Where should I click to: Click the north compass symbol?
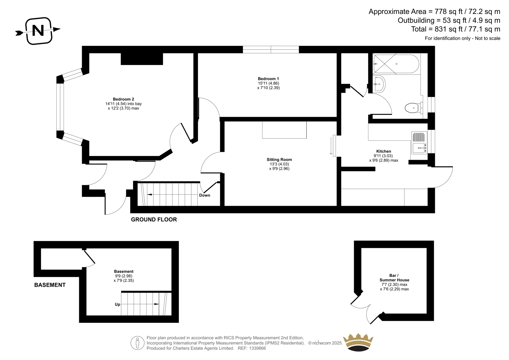click(38, 31)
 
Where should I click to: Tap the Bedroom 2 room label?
click(123, 99)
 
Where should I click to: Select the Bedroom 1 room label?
click(268, 79)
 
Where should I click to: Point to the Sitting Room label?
click(279, 160)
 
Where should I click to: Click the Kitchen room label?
click(384, 151)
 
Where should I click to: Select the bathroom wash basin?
click(379, 84)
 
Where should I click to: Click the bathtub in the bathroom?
click(396, 64)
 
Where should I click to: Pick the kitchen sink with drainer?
click(419, 143)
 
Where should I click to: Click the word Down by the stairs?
click(205, 195)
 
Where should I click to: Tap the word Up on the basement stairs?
click(117, 305)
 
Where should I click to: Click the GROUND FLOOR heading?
click(154, 220)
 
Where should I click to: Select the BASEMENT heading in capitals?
click(50, 285)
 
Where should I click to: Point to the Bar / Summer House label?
click(394, 278)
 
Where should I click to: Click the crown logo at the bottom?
click(358, 342)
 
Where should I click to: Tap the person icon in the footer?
click(137, 343)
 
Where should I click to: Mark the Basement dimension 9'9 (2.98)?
click(124, 276)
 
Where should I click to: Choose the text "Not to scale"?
click(487, 39)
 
